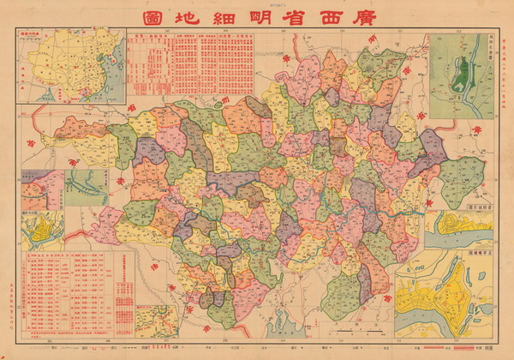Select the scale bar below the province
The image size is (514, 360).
[352, 329]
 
